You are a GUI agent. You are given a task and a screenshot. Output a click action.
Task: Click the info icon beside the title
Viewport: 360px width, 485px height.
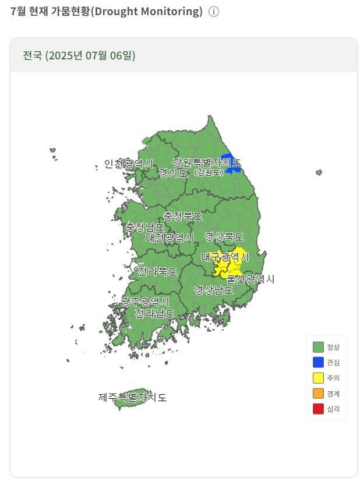pos(214,12)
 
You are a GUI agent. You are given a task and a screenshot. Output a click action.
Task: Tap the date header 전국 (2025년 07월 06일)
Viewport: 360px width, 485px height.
pos(79,56)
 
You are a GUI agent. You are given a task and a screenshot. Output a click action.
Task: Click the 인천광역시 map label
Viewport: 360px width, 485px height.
pos(129,164)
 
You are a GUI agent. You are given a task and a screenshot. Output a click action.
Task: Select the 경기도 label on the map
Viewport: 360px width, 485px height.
pos(173,173)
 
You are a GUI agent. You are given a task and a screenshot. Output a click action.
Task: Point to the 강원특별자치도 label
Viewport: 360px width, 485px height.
pos(207,162)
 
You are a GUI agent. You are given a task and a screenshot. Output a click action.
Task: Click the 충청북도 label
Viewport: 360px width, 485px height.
pos(183,216)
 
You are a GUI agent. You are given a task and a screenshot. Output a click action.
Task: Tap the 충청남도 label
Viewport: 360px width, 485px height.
pos(144,227)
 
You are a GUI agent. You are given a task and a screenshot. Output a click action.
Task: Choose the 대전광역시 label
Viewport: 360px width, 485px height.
pos(170,238)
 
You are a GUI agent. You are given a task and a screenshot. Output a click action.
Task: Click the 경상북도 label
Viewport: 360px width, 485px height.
pos(224,236)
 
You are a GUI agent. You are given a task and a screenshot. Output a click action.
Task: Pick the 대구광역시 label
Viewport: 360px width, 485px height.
pos(225,257)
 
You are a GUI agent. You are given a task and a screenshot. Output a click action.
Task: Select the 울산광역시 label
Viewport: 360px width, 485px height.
pos(250,279)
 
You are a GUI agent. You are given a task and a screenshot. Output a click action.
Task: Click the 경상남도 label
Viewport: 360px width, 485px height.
pos(214,289)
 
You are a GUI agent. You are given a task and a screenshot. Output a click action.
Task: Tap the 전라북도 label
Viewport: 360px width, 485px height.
pos(157,271)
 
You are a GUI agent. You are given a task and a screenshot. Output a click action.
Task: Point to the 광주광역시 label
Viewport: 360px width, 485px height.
pos(145,302)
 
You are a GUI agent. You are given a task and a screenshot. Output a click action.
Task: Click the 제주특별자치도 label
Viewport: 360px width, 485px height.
pos(132,398)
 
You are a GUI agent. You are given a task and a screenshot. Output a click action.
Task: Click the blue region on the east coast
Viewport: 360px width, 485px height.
pos(233,164)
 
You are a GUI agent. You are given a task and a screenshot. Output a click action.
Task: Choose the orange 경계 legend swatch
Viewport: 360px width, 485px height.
pos(318,394)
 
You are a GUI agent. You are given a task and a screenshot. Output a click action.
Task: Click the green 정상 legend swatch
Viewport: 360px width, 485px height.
pos(318,347)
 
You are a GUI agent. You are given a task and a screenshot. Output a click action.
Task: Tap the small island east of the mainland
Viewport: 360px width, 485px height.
pos(319,172)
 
